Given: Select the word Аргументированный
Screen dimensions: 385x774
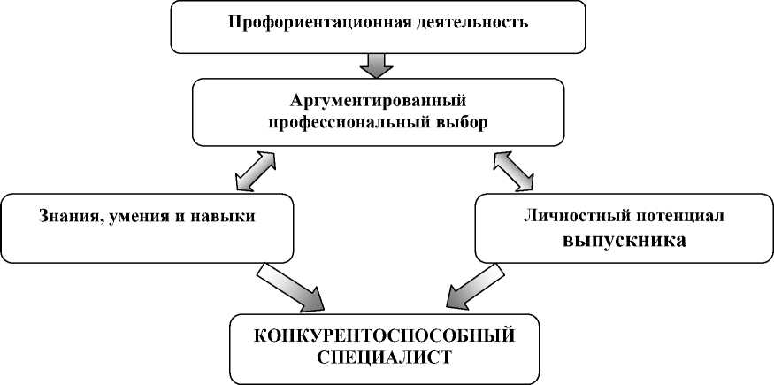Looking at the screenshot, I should coord(378,100).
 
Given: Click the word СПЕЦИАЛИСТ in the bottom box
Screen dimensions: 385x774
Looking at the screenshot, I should coord(385,358).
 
